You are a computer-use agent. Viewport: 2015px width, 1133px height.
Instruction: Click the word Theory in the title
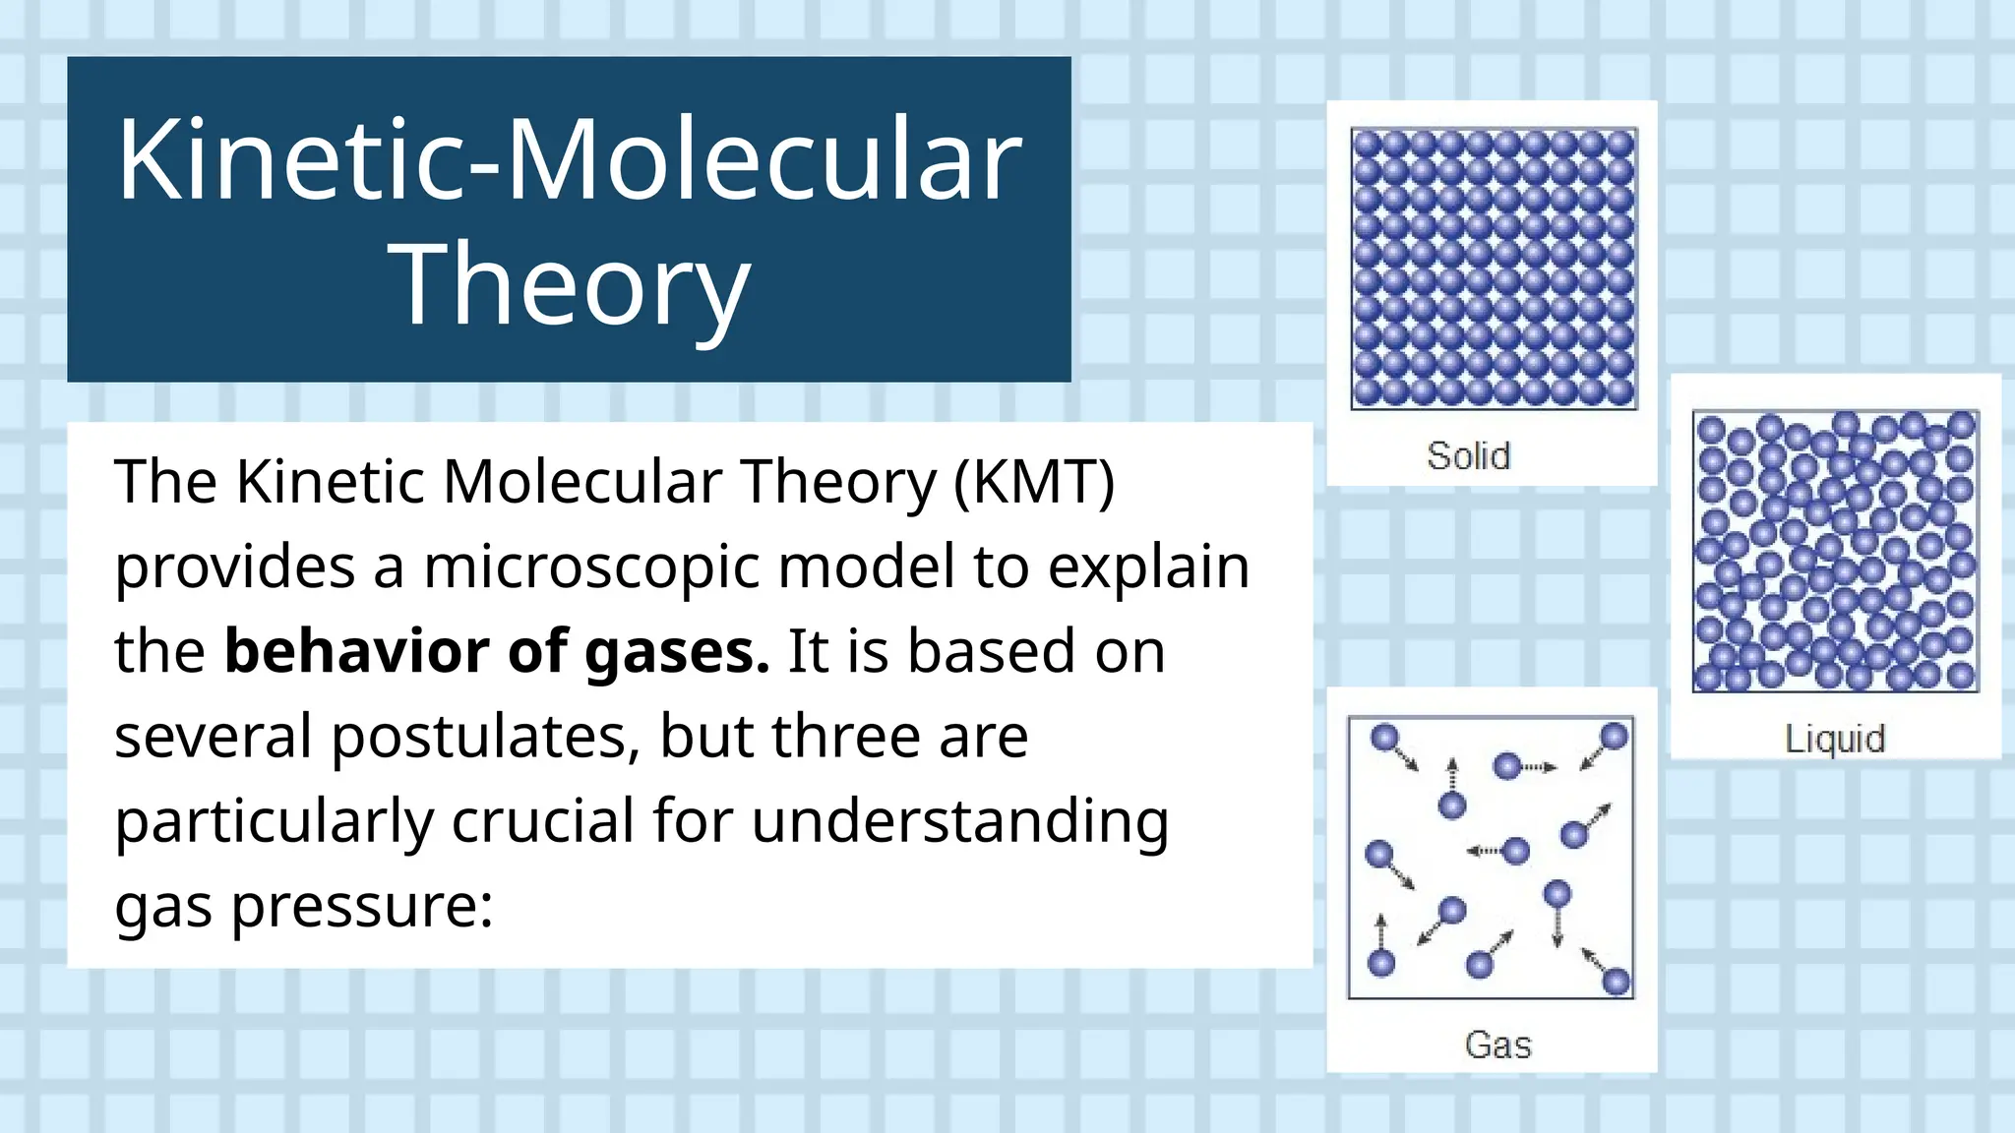tap(570, 285)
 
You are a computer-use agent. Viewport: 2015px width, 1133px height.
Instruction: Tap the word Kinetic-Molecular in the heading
tap(570, 160)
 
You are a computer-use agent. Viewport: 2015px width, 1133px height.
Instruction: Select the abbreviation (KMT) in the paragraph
tap(1034, 482)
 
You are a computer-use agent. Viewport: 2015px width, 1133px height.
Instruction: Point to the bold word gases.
tap(677, 653)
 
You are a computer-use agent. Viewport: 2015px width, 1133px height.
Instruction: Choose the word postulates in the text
tap(486, 738)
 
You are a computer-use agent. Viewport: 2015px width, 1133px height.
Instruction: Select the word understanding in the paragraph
tap(960, 821)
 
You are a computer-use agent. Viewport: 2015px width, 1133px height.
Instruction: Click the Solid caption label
tap(1468, 456)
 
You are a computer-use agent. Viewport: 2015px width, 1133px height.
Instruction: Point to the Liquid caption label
tap(1835, 739)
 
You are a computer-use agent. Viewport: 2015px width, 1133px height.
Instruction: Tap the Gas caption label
tap(1497, 1044)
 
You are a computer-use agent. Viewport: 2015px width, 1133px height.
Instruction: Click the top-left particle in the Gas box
tap(1384, 738)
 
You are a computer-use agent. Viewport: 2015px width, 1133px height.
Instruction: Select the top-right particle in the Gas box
tap(1615, 736)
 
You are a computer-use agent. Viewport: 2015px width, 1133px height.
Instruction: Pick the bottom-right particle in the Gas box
tap(1617, 981)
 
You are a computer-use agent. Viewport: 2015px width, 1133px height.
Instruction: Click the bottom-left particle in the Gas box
tap(1381, 963)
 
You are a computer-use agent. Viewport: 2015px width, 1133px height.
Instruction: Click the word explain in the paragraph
tap(1148, 567)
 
